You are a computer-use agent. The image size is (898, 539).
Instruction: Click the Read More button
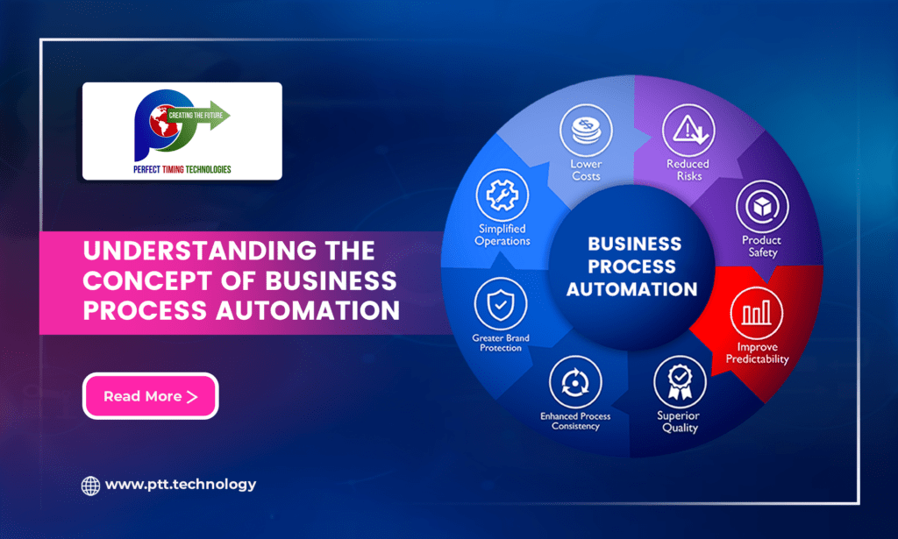click(150, 396)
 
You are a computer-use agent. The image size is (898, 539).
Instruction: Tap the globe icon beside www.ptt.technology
click(90, 485)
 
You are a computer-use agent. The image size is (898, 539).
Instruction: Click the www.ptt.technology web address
click(181, 484)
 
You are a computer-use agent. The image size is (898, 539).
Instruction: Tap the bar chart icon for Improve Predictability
click(756, 315)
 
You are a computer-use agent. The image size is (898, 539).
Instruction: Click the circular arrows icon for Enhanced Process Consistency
click(575, 383)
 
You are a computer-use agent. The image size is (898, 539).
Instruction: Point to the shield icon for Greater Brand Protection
click(500, 304)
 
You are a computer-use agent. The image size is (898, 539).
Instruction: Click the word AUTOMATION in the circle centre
click(631, 288)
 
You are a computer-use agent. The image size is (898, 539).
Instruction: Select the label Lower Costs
click(586, 170)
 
